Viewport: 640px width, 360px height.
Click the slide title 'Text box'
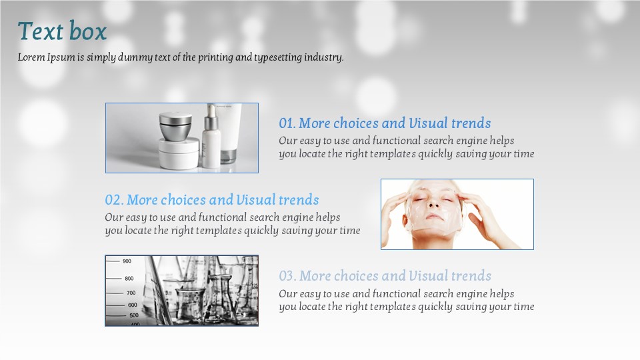(x=62, y=31)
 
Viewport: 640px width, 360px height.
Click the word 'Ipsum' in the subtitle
(x=61, y=57)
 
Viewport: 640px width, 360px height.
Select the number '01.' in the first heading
(x=287, y=123)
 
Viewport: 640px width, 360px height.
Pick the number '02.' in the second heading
(x=114, y=200)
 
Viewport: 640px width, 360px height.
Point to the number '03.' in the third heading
(x=288, y=276)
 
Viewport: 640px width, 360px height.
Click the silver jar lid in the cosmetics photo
(x=175, y=126)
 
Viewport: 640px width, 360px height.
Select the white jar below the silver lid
(x=179, y=153)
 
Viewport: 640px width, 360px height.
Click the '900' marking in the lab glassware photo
(x=127, y=261)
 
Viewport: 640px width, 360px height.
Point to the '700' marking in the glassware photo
(x=131, y=293)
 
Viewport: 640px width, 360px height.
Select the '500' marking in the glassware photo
(x=134, y=315)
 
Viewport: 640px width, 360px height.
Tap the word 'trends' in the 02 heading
(x=299, y=200)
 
